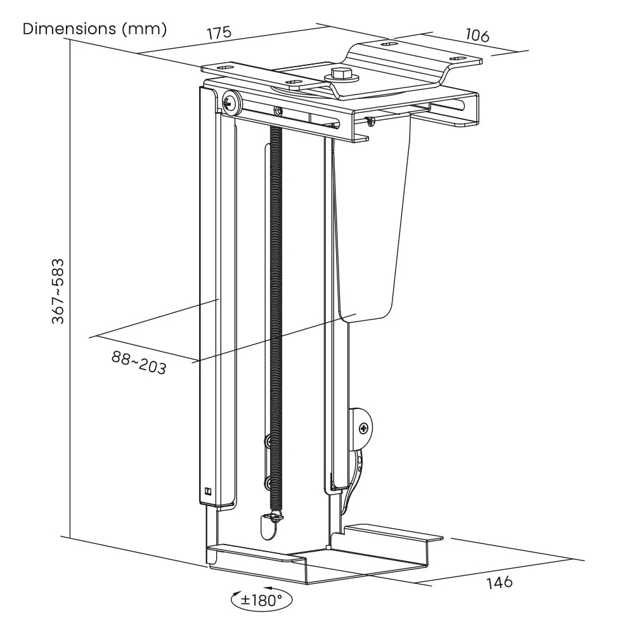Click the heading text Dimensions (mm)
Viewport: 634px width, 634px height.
(x=94, y=29)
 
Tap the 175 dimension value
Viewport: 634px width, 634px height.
(x=219, y=33)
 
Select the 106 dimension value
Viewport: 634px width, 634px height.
(x=477, y=36)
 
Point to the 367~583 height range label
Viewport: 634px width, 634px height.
(x=58, y=290)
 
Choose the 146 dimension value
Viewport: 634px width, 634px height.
(x=499, y=582)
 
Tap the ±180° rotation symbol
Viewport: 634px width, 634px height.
(x=262, y=599)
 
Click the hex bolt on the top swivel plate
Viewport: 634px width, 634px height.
(x=341, y=75)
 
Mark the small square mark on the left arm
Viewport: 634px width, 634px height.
(x=209, y=490)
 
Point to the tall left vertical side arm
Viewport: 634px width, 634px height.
(x=209, y=298)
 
